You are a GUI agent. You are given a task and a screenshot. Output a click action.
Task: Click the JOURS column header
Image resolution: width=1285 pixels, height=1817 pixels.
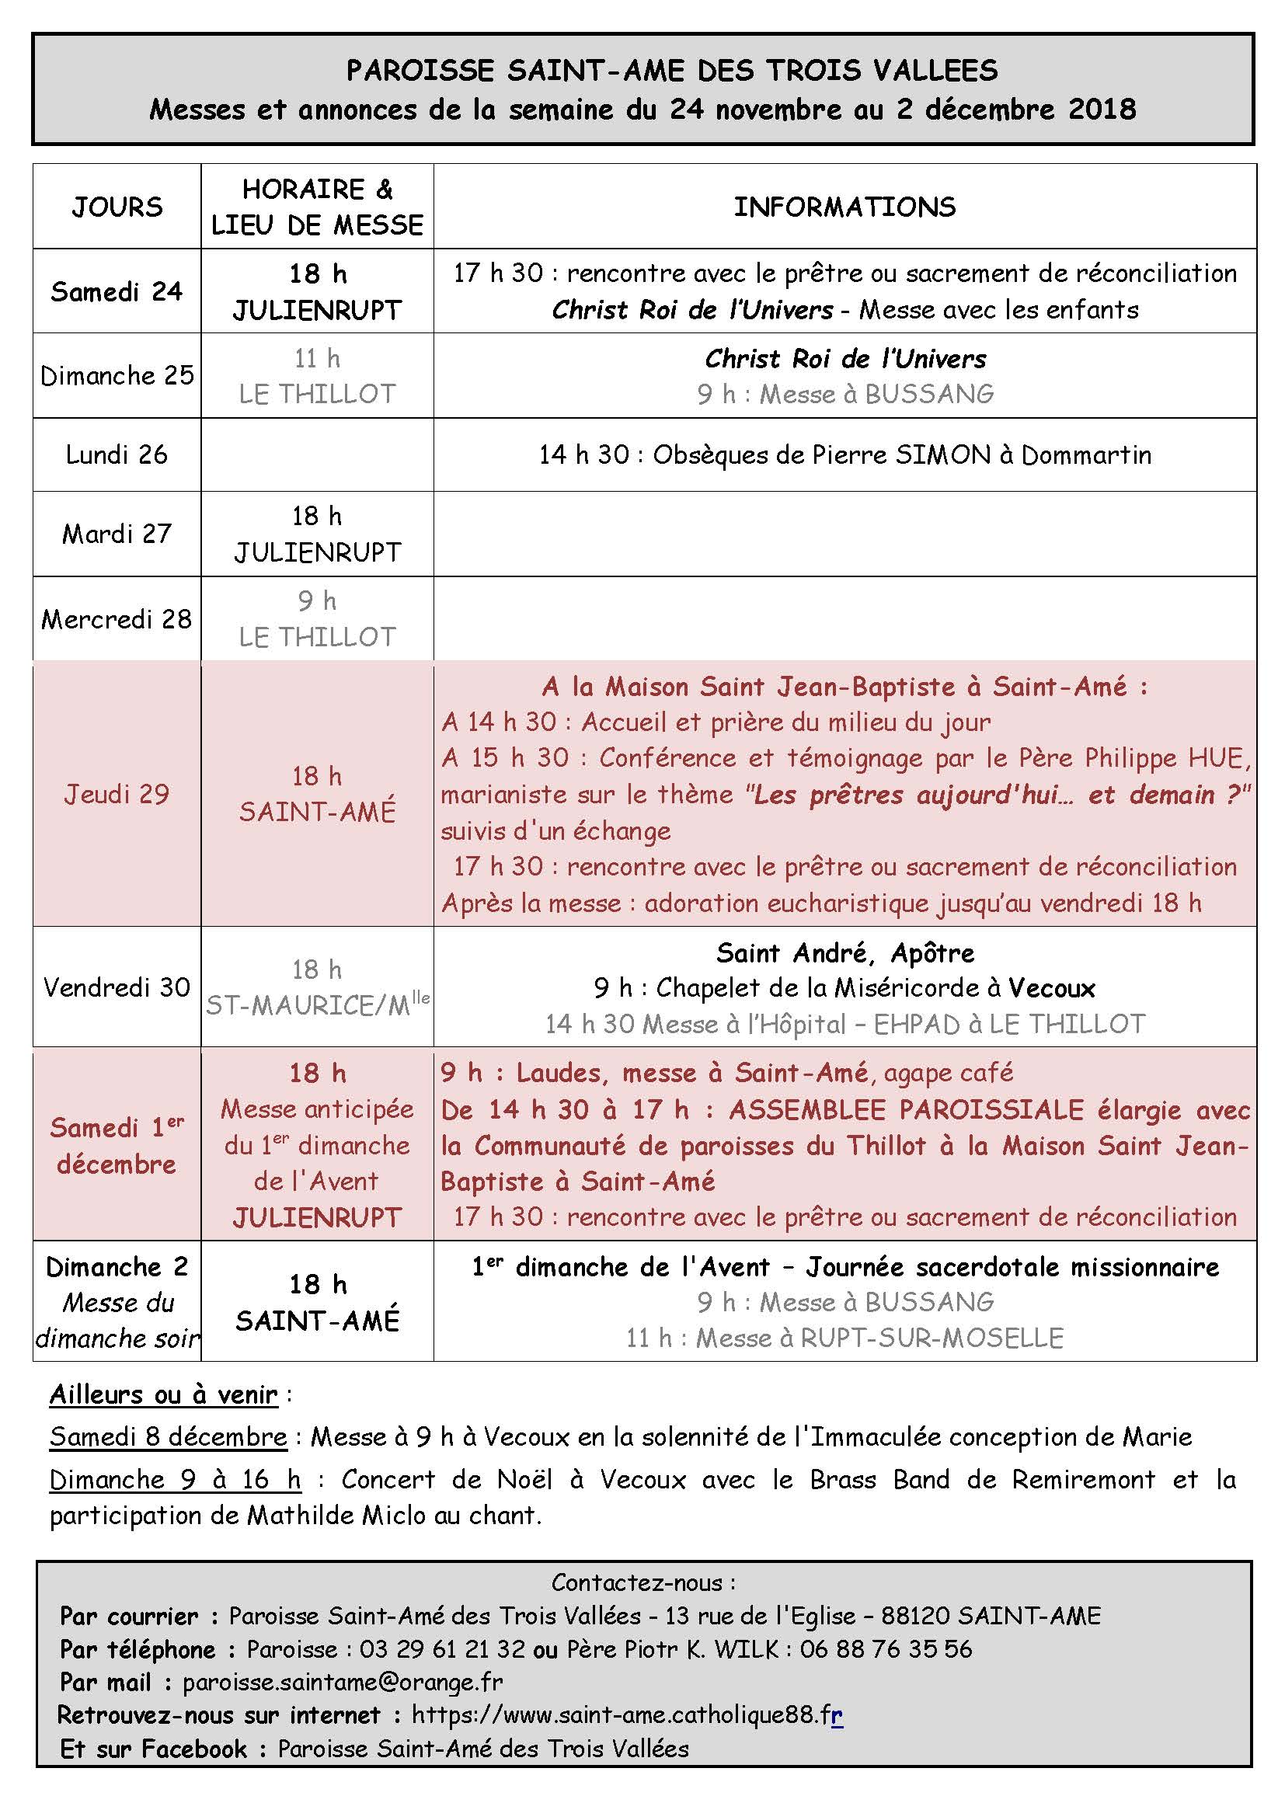point(117,207)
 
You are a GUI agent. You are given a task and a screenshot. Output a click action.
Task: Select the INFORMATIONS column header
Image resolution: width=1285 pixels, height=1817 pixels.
point(844,207)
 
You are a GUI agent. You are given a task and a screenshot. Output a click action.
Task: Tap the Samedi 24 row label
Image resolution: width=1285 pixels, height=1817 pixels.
point(117,292)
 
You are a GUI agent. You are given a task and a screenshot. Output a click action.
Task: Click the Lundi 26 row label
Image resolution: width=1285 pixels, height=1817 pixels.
point(117,455)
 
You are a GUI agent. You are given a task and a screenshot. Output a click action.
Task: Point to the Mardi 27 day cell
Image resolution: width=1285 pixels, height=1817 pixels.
point(117,534)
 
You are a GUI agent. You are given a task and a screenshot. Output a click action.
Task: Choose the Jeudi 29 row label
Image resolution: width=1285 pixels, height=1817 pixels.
point(117,795)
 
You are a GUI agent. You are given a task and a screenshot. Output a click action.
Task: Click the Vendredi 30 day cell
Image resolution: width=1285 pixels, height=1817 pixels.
point(117,987)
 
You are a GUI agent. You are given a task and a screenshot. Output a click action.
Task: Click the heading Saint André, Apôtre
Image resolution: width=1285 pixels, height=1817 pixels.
point(844,953)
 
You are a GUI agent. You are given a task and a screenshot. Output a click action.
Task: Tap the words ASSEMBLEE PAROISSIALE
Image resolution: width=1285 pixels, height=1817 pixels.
point(906,1110)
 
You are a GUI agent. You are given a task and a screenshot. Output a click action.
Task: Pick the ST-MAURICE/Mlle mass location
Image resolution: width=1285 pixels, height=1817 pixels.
point(317,1005)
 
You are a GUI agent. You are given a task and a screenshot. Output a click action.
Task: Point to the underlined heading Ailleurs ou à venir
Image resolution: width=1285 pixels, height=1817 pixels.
point(164,1394)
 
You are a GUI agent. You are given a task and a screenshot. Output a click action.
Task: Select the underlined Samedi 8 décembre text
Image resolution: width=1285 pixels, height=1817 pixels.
point(168,1437)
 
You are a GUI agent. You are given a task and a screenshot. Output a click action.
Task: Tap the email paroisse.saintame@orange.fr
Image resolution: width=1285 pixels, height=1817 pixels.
point(342,1682)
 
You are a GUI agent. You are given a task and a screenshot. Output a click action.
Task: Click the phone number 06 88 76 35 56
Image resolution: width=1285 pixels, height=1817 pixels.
point(886,1648)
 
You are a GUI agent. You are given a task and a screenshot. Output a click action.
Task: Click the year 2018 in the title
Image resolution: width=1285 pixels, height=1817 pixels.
point(1102,110)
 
